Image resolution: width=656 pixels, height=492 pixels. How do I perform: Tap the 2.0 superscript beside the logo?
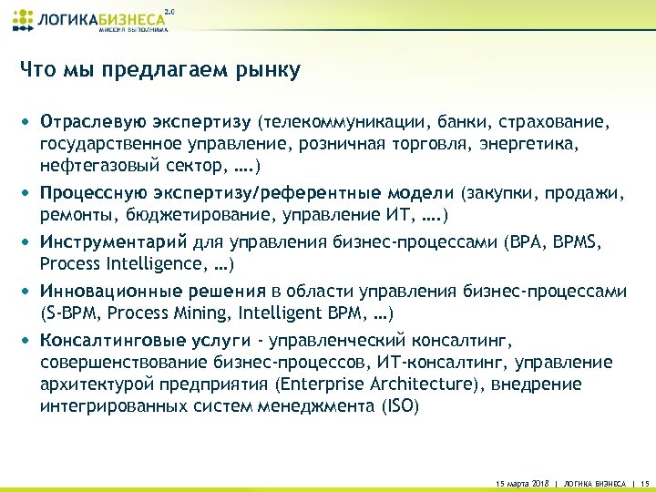point(168,10)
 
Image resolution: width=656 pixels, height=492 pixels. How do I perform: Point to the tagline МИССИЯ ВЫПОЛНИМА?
point(128,30)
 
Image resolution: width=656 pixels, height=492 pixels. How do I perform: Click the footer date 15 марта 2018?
point(518,481)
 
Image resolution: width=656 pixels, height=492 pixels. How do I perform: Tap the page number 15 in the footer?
point(644,481)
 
